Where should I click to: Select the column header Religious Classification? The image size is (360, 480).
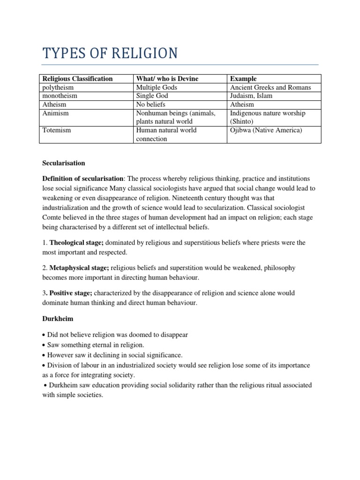(77, 79)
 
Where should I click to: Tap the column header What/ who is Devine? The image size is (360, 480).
(167, 79)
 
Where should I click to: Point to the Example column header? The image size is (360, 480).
(243, 79)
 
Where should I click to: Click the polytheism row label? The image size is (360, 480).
(58, 87)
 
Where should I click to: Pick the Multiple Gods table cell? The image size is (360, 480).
(157, 87)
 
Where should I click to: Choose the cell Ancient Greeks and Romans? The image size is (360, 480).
(270, 87)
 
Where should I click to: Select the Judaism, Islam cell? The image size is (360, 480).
(251, 96)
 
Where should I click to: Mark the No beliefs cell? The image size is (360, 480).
(150, 105)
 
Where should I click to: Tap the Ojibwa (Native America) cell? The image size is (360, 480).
(266, 130)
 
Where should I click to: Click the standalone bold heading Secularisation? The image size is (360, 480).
(64, 163)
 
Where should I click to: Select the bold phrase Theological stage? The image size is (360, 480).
(76, 242)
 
